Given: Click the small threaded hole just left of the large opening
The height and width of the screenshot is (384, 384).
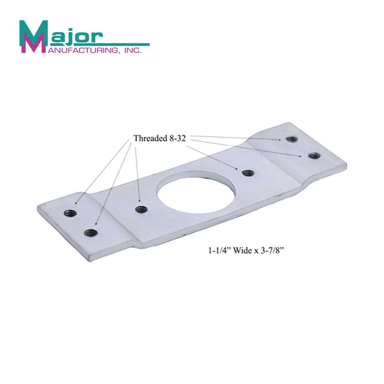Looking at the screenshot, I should [x=141, y=209].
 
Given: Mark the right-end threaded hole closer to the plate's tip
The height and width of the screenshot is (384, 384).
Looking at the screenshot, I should [x=314, y=155].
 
